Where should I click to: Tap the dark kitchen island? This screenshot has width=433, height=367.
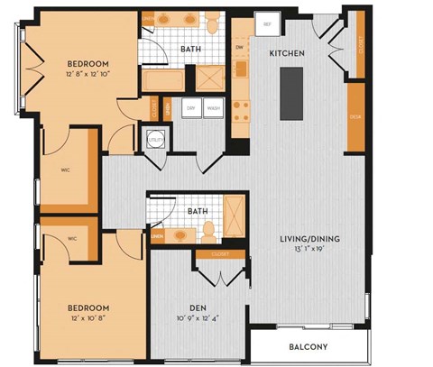(x=290, y=94)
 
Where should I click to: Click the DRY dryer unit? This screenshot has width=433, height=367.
(x=191, y=109)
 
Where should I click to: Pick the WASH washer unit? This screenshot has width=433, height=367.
(x=214, y=109)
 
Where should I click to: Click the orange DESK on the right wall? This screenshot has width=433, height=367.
(x=355, y=117)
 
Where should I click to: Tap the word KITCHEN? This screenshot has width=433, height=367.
(x=287, y=54)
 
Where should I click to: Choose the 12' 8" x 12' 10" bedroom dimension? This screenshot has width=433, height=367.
(x=88, y=76)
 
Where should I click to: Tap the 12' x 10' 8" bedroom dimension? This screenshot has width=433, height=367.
(x=87, y=319)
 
